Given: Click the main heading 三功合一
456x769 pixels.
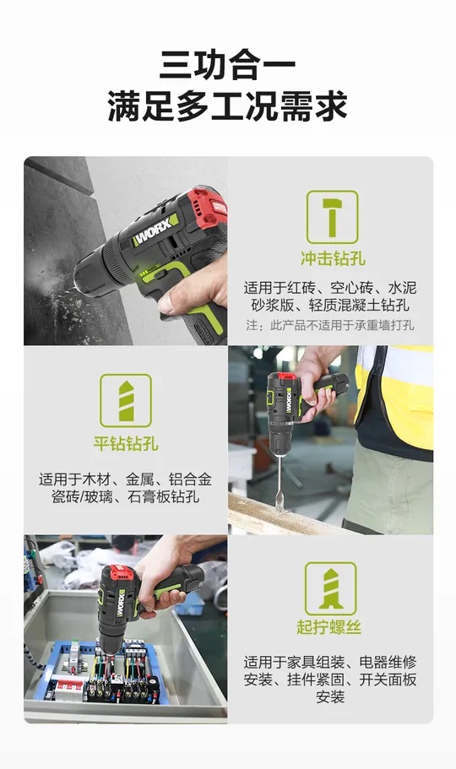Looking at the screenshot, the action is tap(227, 66).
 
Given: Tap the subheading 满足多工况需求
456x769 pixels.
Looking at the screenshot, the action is tap(227, 106).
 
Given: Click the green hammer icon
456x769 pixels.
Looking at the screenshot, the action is tap(333, 217).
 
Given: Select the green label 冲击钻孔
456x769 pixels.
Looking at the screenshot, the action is tap(333, 258).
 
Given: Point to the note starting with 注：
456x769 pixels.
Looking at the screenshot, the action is tap(330, 325).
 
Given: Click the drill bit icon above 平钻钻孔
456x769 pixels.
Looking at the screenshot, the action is tap(126, 401).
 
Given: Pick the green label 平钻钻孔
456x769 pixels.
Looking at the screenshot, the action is tap(126, 443).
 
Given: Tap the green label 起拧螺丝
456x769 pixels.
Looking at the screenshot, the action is tap(328, 627).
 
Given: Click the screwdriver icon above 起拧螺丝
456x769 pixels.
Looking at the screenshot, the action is tap(330, 588).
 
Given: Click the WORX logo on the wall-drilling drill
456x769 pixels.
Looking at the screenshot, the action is tap(155, 230).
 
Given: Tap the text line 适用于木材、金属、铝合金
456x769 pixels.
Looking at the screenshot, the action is tap(125, 479).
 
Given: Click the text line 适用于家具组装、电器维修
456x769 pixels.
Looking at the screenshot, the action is tap(330, 662).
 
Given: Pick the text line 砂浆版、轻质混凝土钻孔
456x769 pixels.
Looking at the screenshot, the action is tap(330, 305).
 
